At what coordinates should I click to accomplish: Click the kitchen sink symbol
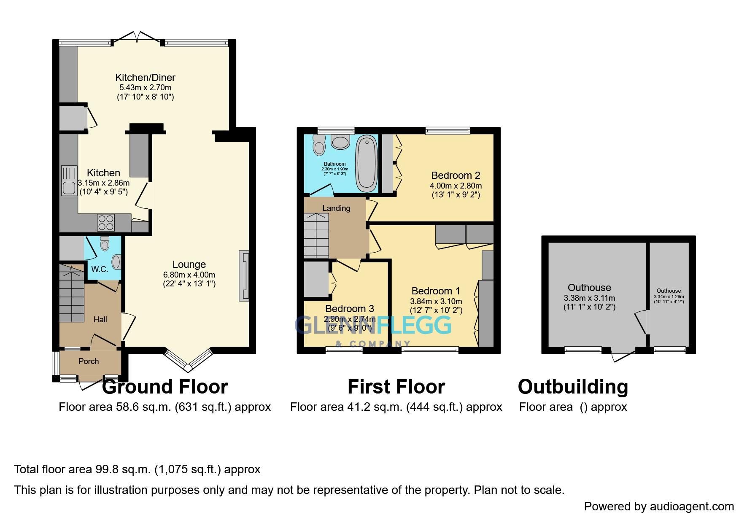[68, 181]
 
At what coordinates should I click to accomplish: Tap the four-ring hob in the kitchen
[106, 223]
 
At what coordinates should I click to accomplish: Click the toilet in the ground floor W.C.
[105, 243]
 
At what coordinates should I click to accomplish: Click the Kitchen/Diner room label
[145, 78]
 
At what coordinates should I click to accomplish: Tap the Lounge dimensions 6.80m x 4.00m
[189, 275]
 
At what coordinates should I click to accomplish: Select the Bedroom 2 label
[456, 175]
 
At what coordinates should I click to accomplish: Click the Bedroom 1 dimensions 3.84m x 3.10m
[436, 302]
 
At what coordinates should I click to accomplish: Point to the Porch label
[89, 361]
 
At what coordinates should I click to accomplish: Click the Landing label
[336, 208]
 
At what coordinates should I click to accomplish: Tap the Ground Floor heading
[165, 387]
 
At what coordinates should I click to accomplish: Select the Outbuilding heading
[573, 387]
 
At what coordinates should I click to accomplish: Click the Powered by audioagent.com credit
[658, 506]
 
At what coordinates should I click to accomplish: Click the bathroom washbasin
[340, 142]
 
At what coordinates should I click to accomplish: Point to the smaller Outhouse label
[669, 291]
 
